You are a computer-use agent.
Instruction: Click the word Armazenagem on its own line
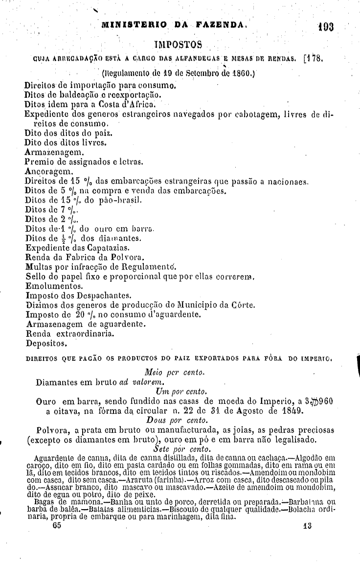(x=51, y=152)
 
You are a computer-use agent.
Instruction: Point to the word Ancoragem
(x=48, y=172)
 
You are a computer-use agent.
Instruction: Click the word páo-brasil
(x=115, y=200)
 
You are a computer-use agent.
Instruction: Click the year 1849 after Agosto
(x=305, y=410)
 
